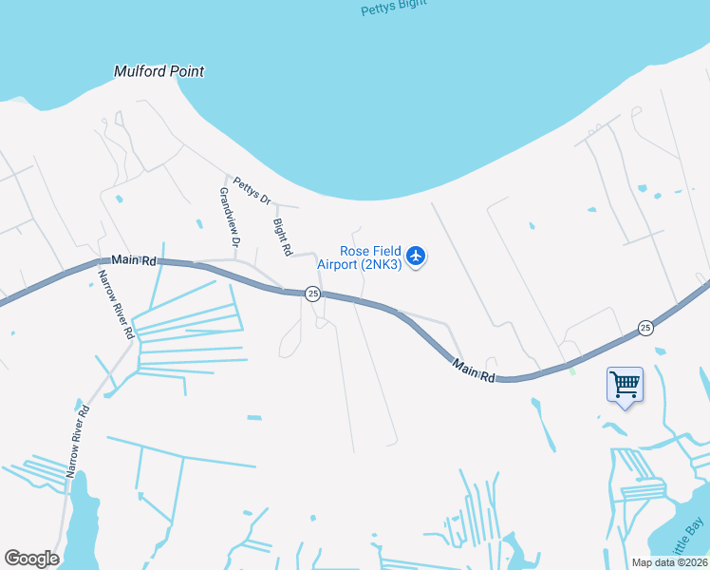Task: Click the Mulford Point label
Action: click(159, 71)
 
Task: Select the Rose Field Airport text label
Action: click(369, 257)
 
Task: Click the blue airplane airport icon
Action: click(416, 256)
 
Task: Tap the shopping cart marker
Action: click(625, 385)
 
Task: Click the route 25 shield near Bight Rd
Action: click(312, 294)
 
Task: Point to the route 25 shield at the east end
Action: click(645, 328)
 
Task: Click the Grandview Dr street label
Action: click(230, 217)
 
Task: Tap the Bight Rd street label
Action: click(282, 237)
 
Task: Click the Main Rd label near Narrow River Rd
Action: click(133, 259)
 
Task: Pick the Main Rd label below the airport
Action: click(474, 370)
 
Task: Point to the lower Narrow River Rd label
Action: click(78, 442)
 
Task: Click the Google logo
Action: click(31, 559)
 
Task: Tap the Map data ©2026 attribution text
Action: click(670, 562)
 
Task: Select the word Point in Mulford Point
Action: click(186, 71)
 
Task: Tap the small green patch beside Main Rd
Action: click(572, 370)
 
